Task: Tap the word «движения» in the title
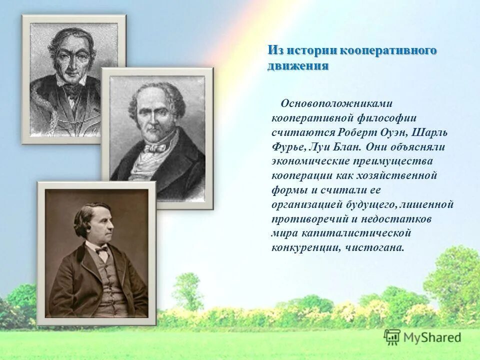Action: coord(298,66)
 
